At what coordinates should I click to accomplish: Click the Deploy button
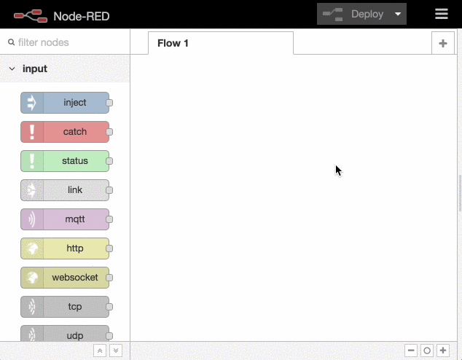tap(353, 14)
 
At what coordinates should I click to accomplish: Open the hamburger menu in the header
tap(442, 14)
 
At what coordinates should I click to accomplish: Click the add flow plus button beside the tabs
tap(443, 43)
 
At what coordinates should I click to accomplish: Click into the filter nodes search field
tap(68, 42)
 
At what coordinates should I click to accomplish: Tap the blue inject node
tap(65, 103)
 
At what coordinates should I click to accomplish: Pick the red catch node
tap(65, 132)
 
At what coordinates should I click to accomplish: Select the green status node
tap(65, 161)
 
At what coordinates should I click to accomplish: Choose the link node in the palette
tap(65, 190)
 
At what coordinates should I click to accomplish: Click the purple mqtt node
tap(65, 219)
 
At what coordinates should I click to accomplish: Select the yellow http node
tap(65, 249)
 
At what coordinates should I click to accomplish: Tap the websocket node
tap(65, 278)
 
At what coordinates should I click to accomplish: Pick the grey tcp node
tap(65, 307)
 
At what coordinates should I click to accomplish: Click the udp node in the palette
tap(65, 334)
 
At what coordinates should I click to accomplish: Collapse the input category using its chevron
tap(12, 69)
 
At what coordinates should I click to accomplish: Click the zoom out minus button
tap(411, 351)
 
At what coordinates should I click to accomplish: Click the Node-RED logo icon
tap(31, 16)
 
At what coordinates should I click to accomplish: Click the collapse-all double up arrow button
tap(100, 351)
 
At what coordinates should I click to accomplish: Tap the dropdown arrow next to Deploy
tap(398, 14)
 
